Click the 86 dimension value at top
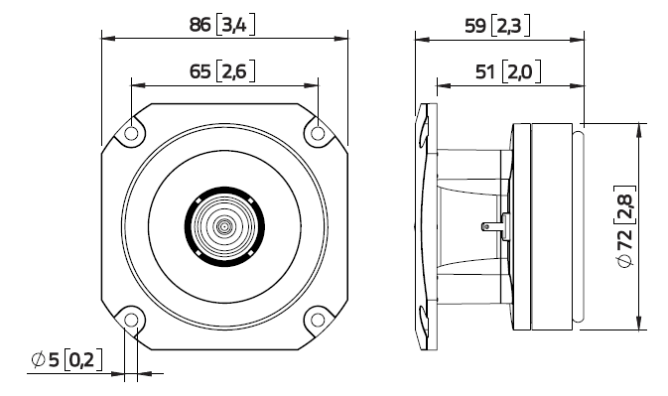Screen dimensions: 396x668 click(x=200, y=25)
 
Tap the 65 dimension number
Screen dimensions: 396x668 click(x=201, y=71)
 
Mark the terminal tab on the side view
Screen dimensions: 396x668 click(x=491, y=226)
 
